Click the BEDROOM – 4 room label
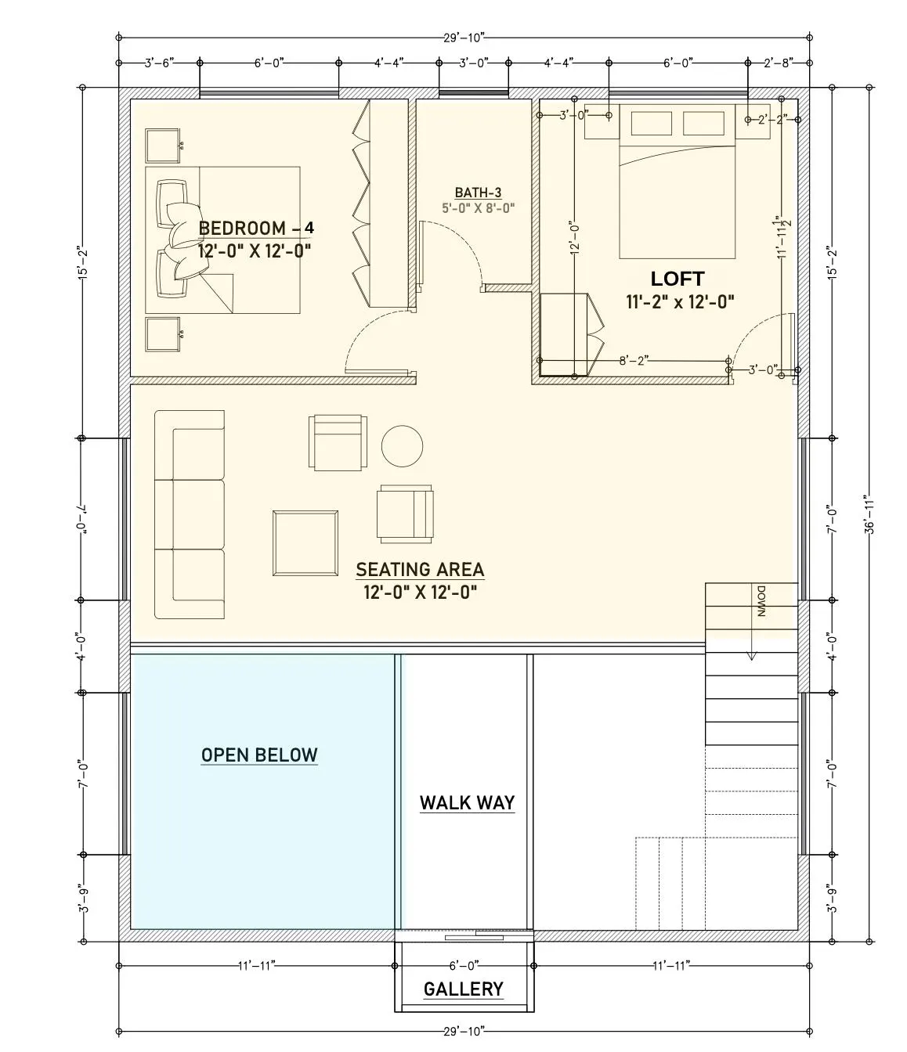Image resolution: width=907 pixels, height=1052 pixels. click(x=256, y=228)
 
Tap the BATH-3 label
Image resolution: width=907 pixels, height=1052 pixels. click(x=478, y=193)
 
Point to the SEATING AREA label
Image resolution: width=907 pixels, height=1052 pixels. click(x=420, y=570)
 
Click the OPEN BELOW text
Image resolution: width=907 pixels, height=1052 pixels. click(x=259, y=755)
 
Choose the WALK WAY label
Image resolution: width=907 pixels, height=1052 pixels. click(x=467, y=803)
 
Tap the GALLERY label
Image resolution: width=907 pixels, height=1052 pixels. click(x=464, y=989)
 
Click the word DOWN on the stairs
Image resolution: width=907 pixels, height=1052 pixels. click(x=761, y=601)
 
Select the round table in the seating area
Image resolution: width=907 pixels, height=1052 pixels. click(x=402, y=446)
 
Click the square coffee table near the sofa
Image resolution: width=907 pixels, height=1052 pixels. click(x=305, y=543)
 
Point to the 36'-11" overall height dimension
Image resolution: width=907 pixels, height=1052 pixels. click(x=869, y=514)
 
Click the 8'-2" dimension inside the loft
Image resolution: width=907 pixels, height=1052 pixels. click(x=634, y=361)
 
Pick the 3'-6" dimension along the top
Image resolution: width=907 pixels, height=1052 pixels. click(x=160, y=63)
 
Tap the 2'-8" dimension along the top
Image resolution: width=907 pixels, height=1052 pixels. click(x=779, y=63)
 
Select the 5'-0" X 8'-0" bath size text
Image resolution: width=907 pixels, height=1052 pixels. click(x=479, y=207)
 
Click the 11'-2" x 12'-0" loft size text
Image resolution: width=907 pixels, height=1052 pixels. click(x=680, y=302)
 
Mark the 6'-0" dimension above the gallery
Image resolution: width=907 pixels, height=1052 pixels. click(x=464, y=965)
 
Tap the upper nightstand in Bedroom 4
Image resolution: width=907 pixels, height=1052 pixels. click(x=162, y=146)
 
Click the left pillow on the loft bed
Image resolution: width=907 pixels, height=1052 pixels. click(x=651, y=124)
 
